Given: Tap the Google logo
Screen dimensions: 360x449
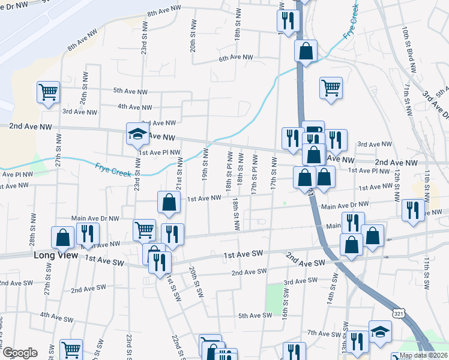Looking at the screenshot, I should coord(19,353).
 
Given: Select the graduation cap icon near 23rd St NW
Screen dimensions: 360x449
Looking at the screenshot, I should coord(137,134).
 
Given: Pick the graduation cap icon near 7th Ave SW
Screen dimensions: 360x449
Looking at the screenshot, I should coord(380,332).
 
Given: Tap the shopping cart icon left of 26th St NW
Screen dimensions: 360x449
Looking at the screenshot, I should coord(48,92).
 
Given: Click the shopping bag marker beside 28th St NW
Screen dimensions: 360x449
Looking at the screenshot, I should coord(62,238).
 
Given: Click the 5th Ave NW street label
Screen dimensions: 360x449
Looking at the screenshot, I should coord(130,91).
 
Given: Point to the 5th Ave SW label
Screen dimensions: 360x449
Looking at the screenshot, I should coord(255,316).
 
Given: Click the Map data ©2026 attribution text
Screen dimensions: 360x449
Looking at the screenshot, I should coord(424,355).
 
